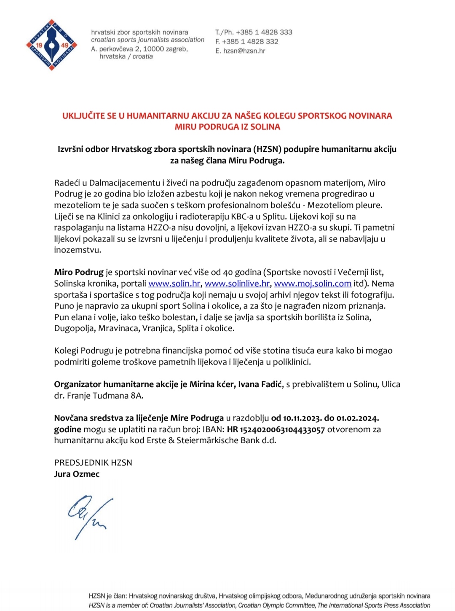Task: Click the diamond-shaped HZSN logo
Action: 51,45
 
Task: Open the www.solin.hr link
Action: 174,284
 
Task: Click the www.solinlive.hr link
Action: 237,284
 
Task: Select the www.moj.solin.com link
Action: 312,284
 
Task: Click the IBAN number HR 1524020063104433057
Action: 276,429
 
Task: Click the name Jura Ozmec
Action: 77,474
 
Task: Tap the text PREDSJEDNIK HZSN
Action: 93,462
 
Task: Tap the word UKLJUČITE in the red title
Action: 83,115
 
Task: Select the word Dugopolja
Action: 74,328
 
